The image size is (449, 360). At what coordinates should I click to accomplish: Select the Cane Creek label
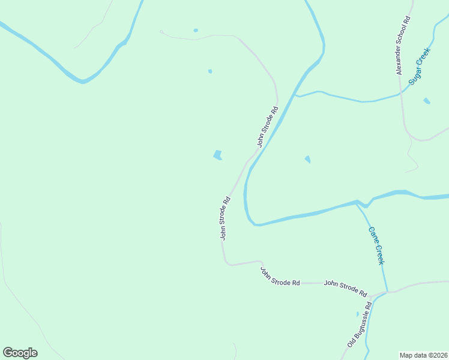376,245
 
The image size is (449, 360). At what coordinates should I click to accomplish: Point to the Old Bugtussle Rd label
360,324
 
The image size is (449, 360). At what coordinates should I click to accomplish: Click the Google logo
20,353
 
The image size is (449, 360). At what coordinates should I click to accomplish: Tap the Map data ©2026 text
424,355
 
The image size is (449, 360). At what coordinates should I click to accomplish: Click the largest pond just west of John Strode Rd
217,155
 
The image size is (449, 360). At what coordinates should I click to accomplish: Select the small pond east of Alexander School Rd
426,101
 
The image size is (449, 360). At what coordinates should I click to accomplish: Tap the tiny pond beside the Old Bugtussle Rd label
357,313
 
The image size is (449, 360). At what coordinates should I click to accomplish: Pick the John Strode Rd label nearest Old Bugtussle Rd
345,288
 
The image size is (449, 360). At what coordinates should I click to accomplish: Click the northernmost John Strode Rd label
268,127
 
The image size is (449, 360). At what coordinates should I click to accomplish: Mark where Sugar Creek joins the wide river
295,95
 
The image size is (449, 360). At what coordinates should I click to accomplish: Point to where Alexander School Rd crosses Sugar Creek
400,93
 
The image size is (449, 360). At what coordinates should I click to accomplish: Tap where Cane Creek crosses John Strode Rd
387,292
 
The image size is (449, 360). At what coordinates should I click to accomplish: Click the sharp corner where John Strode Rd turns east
226,263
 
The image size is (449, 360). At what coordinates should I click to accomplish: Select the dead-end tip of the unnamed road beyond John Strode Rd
160,31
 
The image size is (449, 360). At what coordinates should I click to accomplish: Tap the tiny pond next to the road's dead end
196,30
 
